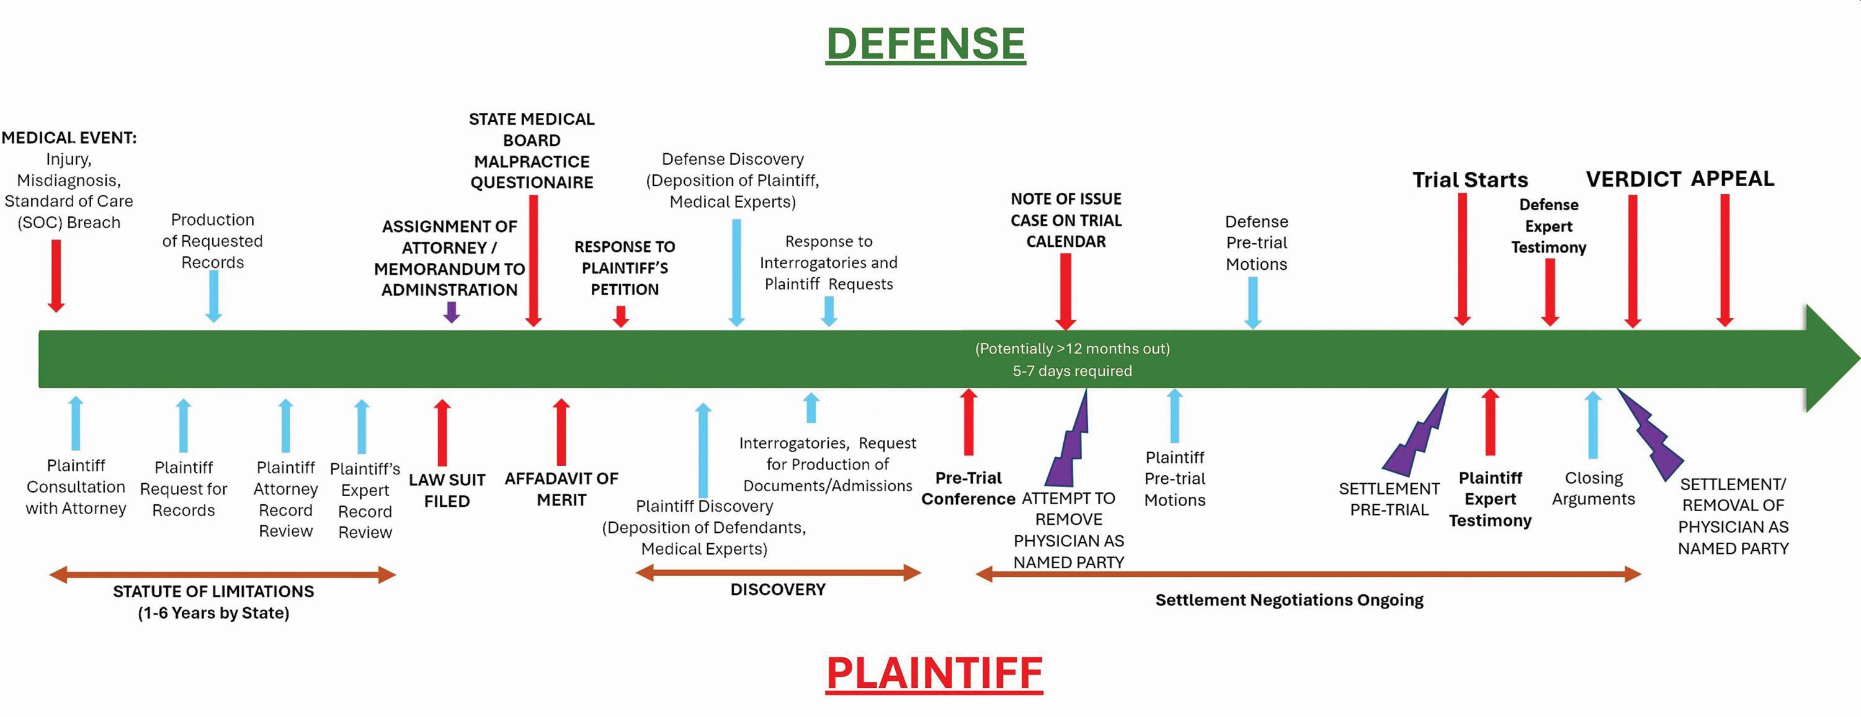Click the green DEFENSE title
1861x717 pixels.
click(x=926, y=43)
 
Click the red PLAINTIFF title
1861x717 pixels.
click(x=934, y=673)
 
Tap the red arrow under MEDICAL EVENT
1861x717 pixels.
click(x=56, y=276)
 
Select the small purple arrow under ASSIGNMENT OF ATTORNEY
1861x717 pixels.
click(x=452, y=312)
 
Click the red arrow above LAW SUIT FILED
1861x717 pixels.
click(x=442, y=432)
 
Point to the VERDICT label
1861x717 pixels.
click(x=1633, y=179)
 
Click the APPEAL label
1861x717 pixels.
click(x=1733, y=179)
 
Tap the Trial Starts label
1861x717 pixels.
click(x=1470, y=180)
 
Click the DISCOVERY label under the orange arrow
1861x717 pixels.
click(x=778, y=589)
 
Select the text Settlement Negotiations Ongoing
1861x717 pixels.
click(x=1290, y=600)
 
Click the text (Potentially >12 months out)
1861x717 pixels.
click(x=1073, y=349)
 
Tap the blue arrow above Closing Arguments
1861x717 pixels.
click(x=1593, y=425)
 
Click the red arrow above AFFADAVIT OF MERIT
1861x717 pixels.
click(x=561, y=432)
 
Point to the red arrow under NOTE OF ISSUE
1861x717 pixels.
click(x=1066, y=292)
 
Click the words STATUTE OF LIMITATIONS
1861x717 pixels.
click(x=214, y=591)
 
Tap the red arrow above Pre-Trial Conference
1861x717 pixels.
click(x=969, y=422)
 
